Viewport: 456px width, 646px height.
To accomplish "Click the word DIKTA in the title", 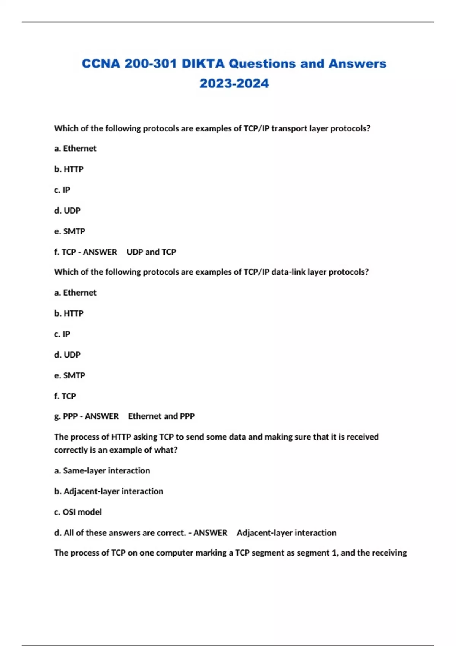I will coord(203,63).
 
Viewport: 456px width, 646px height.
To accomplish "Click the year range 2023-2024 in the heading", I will coord(234,83).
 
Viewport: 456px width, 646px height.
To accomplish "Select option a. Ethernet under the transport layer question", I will coord(75,148).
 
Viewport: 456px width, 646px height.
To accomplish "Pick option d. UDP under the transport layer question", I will coord(67,210).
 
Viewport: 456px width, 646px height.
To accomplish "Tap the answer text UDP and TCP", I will coord(151,252).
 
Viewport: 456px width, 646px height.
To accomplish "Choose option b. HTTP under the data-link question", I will coord(69,313).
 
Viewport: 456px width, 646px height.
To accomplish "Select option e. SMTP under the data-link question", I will coord(70,375).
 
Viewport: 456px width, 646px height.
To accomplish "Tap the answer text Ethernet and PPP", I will coord(161,416).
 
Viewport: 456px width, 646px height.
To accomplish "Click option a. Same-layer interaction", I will coord(102,470).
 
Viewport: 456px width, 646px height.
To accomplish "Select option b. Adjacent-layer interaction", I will coord(109,491).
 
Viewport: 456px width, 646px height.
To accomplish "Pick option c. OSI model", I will coord(78,512).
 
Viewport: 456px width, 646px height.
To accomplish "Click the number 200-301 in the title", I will coord(150,63).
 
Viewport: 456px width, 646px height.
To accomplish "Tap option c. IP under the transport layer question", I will coord(62,190).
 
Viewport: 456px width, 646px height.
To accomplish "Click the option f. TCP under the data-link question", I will coord(65,396).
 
